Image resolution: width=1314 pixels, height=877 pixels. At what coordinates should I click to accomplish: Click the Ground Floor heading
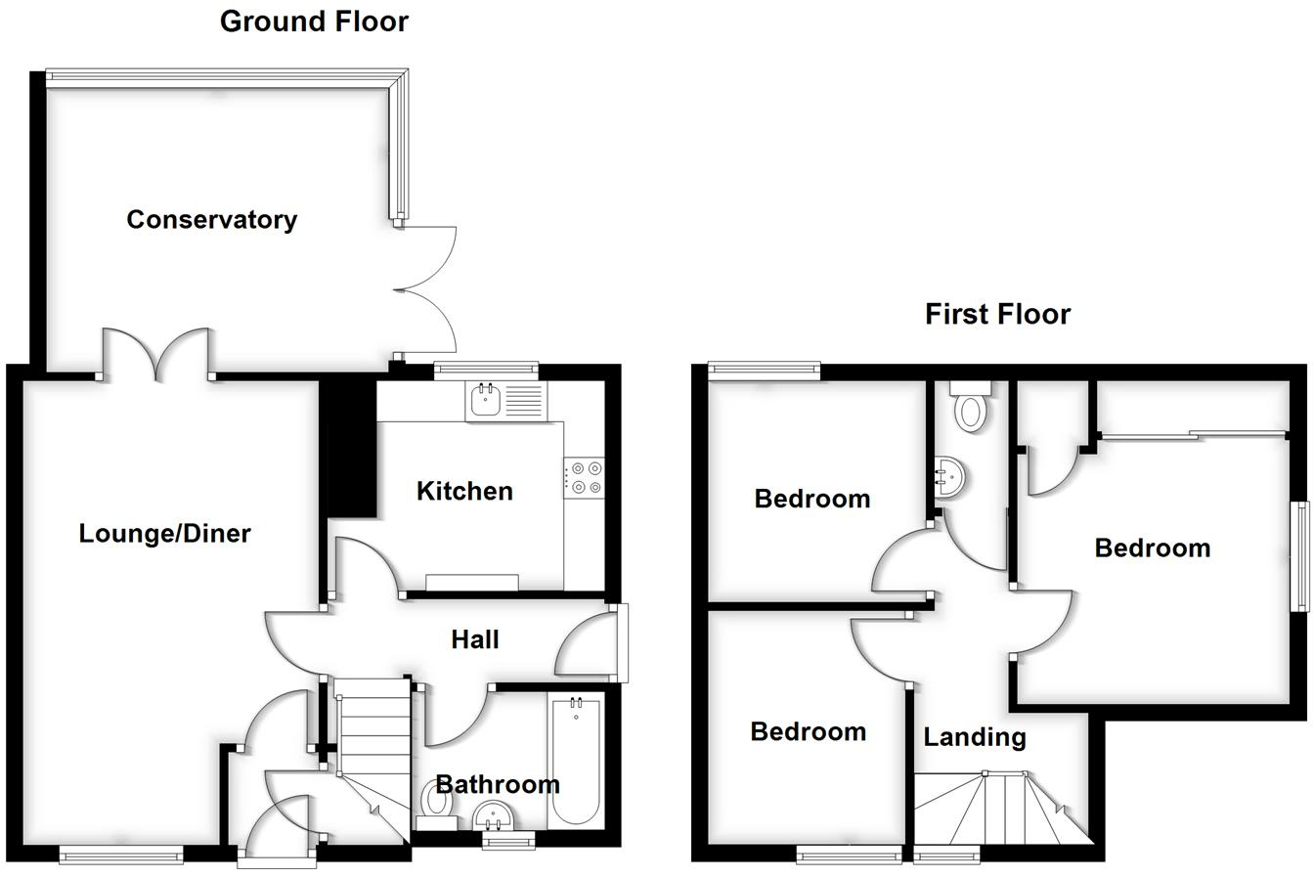(314, 22)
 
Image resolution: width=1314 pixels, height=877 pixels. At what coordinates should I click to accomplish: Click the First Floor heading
(997, 314)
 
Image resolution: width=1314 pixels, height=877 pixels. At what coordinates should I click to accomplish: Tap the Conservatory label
(211, 219)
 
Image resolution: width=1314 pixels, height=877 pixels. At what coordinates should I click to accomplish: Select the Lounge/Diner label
(164, 534)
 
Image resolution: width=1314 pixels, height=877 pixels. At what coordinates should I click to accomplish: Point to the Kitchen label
(464, 491)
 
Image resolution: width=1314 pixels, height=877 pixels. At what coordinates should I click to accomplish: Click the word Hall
(475, 639)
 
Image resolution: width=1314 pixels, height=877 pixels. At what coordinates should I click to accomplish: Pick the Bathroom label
(497, 783)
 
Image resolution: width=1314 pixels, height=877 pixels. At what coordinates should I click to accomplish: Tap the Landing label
(975, 737)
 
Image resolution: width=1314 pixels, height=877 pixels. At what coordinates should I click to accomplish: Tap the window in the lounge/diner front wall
(121, 856)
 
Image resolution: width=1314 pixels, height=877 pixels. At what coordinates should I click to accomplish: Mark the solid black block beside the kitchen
(350, 448)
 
